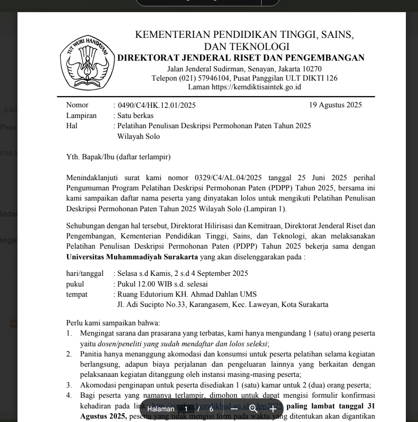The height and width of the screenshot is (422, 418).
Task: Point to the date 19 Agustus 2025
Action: coord(335,105)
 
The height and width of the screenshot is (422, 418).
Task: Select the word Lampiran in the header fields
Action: coord(81,116)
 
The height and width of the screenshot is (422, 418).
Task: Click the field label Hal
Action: coord(72,126)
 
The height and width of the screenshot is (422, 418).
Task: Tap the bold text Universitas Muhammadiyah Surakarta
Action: coord(132,256)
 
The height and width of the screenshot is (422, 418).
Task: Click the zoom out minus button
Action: coord(234,409)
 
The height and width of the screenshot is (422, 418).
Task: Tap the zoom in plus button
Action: coord(273,409)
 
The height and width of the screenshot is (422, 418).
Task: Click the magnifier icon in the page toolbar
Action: coord(253,409)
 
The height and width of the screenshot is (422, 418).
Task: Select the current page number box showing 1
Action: coord(185,409)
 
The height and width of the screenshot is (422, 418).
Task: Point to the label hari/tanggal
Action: coord(84,273)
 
